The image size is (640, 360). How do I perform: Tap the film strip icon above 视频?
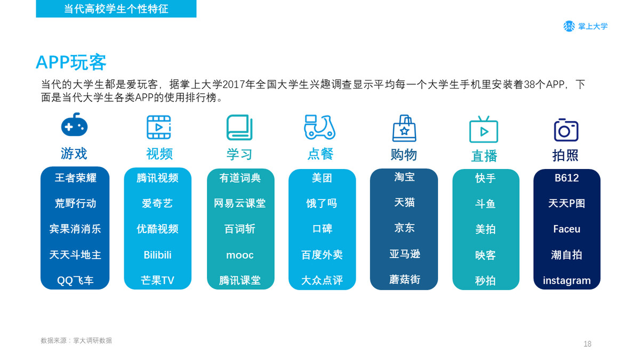159,127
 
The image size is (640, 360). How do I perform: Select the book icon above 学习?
239,127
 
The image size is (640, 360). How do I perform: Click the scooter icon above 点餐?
319,127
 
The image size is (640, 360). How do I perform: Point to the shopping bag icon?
404,129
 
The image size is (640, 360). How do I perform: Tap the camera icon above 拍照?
566,130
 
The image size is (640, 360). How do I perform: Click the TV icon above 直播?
484,130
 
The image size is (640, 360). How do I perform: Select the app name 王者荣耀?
75,178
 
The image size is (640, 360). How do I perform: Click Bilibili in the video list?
157,255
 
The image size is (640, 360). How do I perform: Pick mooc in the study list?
239,255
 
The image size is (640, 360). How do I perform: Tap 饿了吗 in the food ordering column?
322,203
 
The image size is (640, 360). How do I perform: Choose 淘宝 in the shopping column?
404,177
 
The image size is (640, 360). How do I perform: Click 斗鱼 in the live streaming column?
485,204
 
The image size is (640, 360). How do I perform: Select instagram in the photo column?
566,281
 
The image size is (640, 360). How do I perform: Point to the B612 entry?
566,178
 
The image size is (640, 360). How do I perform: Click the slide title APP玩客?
71,62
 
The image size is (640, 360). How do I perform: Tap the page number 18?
587,343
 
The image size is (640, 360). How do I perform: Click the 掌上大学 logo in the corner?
586,26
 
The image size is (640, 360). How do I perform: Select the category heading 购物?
404,155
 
